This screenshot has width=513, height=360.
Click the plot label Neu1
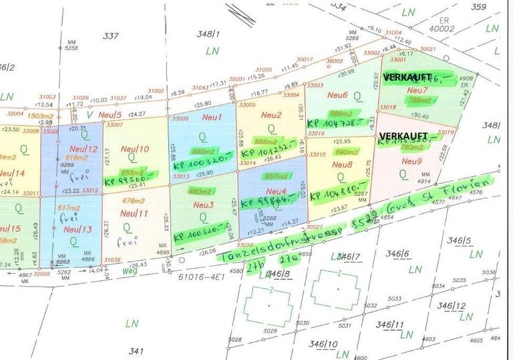(212, 118)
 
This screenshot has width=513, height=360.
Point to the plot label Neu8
(341, 164)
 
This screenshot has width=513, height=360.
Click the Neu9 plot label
(411, 161)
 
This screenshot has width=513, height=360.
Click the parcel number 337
(110, 36)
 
